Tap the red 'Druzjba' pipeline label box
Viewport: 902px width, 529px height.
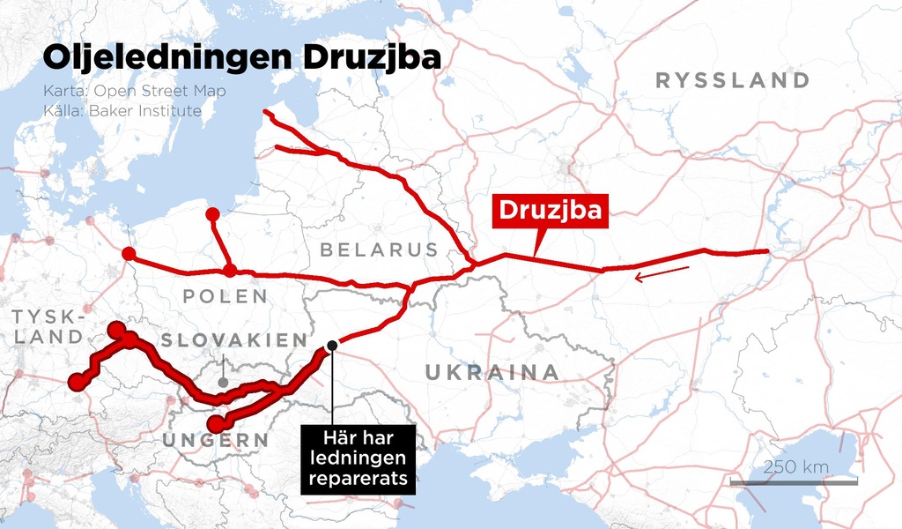(x=551, y=211)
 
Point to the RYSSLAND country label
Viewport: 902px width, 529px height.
(x=733, y=81)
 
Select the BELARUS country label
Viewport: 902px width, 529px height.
(x=379, y=250)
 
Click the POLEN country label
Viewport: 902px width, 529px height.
(x=225, y=296)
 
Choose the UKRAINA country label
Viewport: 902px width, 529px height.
(x=492, y=372)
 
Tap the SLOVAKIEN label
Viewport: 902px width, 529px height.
(x=234, y=340)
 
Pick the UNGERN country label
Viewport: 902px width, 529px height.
(x=215, y=440)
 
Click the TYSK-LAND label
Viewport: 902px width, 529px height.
(x=48, y=326)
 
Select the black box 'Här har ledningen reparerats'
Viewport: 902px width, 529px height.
(x=357, y=458)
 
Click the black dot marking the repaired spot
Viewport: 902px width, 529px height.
(x=332, y=346)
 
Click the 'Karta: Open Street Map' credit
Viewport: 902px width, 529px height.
(x=135, y=92)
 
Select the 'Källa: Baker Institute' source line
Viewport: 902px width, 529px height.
(x=122, y=111)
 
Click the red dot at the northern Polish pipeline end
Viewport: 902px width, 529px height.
(x=212, y=214)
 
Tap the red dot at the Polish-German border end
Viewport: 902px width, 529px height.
(x=129, y=254)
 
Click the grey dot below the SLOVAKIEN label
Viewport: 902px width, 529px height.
(x=223, y=383)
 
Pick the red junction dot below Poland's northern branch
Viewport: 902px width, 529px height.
(x=229, y=270)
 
